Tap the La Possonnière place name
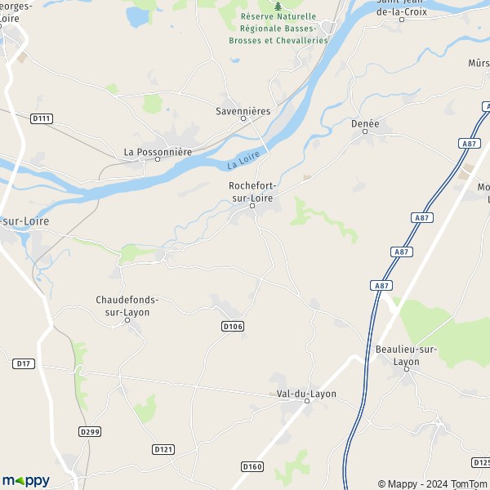[157, 151]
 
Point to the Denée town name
[365, 123]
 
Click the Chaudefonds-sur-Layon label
[127, 305]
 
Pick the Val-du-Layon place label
[306, 394]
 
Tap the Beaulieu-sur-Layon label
[408, 355]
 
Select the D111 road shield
[42, 118]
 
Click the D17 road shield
[24, 363]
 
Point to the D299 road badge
[90, 431]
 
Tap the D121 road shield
[163, 449]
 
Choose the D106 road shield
[233, 326]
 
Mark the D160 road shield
[253, 466]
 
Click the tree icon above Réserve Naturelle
[278, 5]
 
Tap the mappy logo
[26, 480]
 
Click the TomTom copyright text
[466, 483]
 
